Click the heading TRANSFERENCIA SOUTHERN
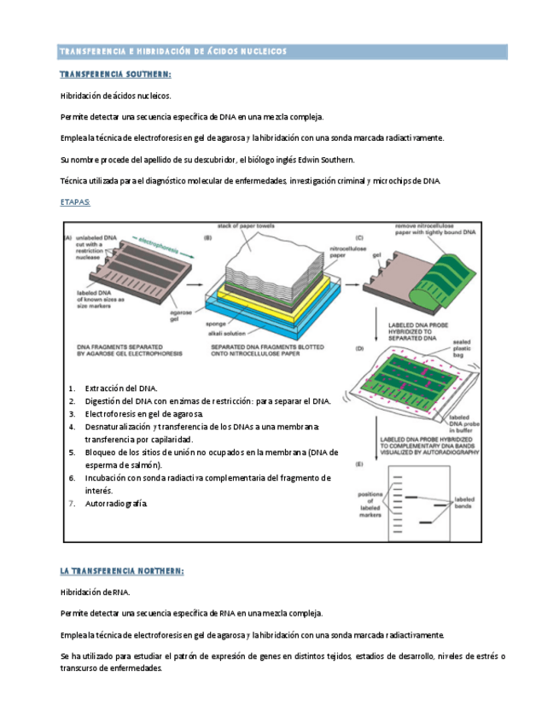(115, 74)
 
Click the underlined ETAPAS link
(75, 202)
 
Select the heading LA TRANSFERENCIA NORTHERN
(121, 570)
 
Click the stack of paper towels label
(246, 225)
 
